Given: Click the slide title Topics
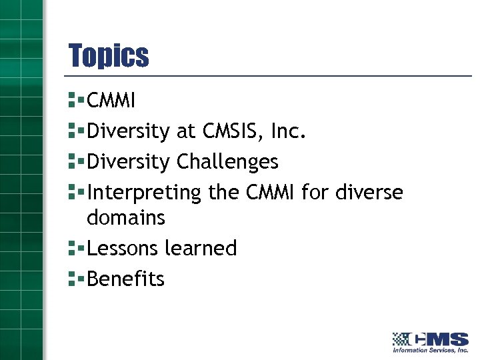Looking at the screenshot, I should tap(109, 56).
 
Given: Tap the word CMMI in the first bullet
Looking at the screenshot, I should tap(111, 101).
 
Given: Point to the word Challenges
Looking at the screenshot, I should tap(227, 162).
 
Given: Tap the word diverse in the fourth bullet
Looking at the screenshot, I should tap(369, 193).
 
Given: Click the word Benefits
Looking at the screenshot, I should tap(125, 279).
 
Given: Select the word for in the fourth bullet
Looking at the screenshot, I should tap(315, 193).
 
